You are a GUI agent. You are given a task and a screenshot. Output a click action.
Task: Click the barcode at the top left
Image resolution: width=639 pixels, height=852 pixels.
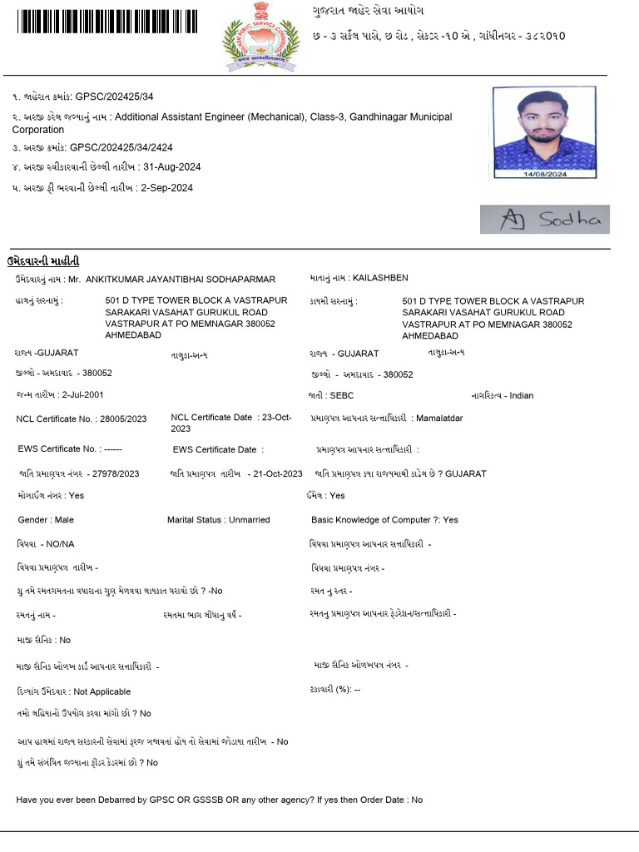(106, 21)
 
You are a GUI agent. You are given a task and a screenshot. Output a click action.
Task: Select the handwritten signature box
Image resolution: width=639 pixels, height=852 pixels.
(544, 220)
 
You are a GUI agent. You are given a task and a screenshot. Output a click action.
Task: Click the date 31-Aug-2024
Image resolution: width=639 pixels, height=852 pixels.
(171, 167)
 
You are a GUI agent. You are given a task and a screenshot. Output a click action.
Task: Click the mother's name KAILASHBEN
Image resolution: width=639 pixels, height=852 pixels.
(380, 278)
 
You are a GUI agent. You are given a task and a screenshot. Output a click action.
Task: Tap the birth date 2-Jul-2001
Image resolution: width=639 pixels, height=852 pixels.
(83, 395)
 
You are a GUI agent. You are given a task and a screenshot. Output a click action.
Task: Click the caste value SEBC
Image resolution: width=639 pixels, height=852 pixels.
(341, 396)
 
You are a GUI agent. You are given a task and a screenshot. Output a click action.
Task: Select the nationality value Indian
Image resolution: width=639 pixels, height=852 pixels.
(522, 396)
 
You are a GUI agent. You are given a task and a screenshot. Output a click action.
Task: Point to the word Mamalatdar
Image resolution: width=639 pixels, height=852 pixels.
(439, 418)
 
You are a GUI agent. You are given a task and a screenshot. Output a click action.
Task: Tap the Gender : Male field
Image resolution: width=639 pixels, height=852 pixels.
(46, 520)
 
